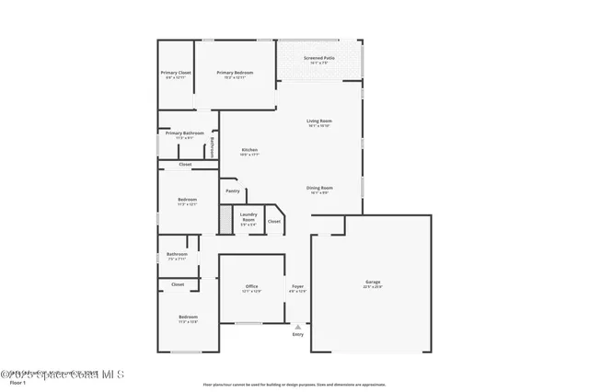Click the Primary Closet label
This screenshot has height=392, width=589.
click(x=176, y=73)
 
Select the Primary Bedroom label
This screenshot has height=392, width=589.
click(x=235, y=73)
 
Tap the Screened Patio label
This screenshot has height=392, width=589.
click(x=319, y=58)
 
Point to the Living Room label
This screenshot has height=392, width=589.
click(x=319, y=121)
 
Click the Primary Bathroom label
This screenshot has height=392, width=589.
click(x=185, y=133)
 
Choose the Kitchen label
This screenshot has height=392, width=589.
click(x=249, y=150)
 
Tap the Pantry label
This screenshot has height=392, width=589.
click(x=232, y=191)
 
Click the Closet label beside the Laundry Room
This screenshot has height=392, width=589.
click(x=274, y=221)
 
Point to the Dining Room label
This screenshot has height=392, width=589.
click(x=320, y=188)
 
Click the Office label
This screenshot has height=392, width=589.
click(x=251, y=287)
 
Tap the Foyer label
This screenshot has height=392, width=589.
click(x=297, y=287)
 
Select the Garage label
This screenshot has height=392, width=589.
click(x=373, y=282)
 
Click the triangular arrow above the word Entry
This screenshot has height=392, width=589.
click(x=297, y=326)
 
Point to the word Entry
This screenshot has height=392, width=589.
click(x=297, y=334)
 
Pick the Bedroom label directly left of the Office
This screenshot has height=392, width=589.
click(x=188, y=317)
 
